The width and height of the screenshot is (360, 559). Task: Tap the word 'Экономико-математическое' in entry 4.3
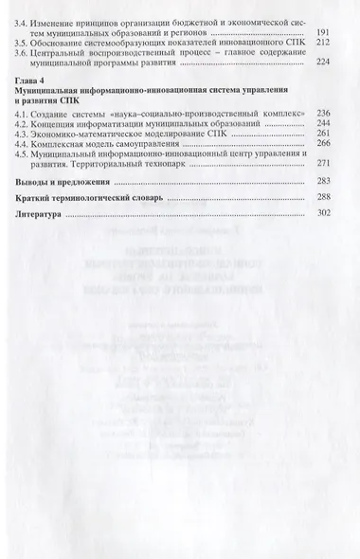click(94, 159)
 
